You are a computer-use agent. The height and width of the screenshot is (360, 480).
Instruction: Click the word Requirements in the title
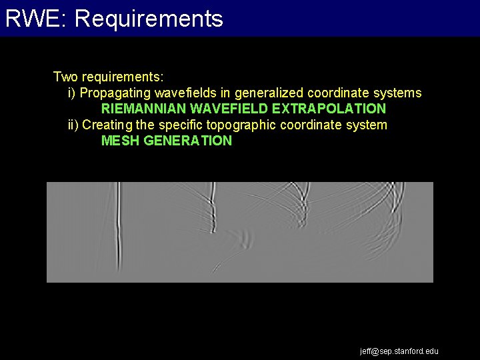(149, 19)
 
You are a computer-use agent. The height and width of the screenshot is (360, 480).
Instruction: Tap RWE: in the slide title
(37, 19)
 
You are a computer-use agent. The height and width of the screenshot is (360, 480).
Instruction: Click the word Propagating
(115, 93)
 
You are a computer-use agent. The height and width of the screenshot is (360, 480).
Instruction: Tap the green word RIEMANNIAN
(144, 109)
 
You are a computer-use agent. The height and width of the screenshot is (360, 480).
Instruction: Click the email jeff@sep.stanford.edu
(399, 351)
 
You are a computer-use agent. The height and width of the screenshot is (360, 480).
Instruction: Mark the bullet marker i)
(72, 93)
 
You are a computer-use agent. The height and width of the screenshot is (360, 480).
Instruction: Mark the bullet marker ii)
(73, 125)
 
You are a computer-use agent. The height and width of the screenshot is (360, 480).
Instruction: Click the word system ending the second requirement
(366, 125)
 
